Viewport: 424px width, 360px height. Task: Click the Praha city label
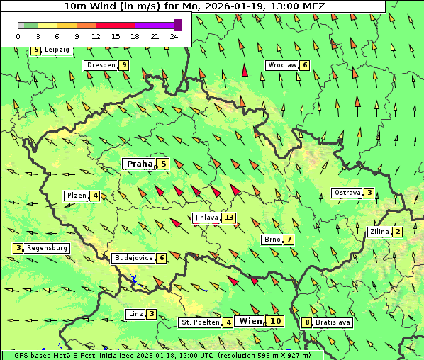139,164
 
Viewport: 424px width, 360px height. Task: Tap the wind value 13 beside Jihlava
229,218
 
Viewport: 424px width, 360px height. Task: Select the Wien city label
251,321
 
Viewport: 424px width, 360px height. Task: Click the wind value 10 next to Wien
276,321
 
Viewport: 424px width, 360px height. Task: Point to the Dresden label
100,65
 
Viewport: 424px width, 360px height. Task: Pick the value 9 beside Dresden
124,65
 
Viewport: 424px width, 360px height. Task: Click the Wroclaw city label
281,65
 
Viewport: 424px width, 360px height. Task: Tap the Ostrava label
347,193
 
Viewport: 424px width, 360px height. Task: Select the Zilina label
379,232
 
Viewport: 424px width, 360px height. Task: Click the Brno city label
272,240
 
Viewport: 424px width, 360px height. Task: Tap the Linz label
136,314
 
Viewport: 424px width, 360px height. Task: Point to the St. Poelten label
200,322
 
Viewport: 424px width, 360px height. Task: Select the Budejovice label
133,258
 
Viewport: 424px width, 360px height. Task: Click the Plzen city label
76,196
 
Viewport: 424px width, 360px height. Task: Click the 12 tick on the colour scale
96,35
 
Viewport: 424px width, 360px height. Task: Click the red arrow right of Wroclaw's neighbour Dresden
245,71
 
